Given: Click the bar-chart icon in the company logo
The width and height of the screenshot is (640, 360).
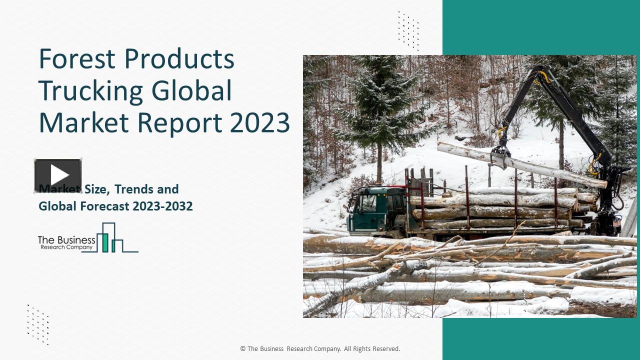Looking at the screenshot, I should click(x=110, y=238).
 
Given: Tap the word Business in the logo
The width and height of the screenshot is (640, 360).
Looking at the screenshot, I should click(x=74, y=240).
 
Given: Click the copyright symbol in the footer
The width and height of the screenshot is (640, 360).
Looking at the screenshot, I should click(x=243, y=349).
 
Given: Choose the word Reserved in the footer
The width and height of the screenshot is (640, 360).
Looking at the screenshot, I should click(x=384, y=349).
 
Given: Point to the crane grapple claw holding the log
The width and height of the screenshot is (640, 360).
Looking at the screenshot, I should click(x=500, y=155).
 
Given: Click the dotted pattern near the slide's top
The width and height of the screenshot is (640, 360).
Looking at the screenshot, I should click(x=408, y=30).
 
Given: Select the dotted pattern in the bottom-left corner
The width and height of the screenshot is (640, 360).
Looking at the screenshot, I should click(x=38, y=324).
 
